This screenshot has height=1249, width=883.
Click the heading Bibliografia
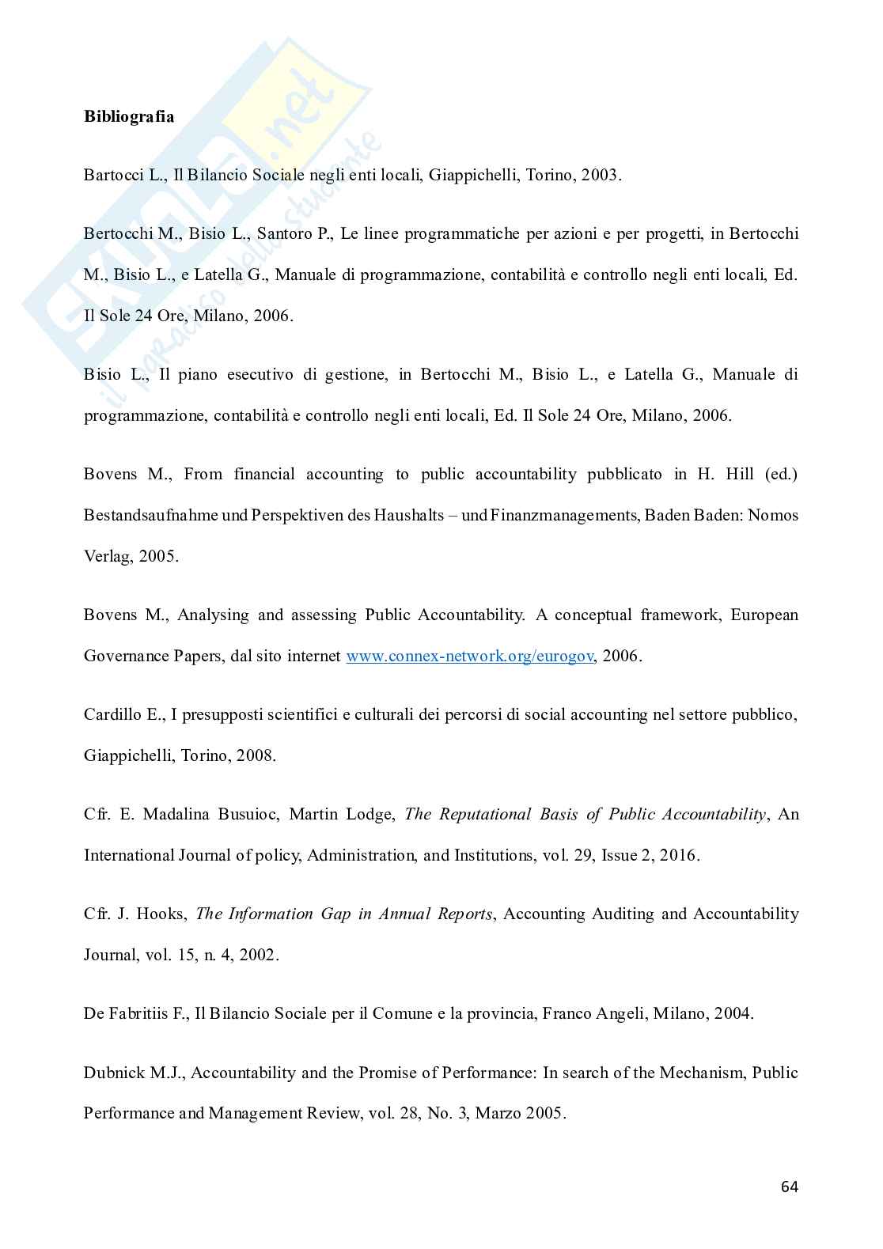coord(129,116)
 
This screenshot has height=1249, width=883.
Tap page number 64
coord(789,1187)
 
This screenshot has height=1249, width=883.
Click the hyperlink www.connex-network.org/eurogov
coord(469,656)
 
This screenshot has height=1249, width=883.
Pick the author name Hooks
coord(161,914)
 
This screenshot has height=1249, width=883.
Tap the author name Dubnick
coord(112,1073)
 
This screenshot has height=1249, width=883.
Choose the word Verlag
coord(108,556)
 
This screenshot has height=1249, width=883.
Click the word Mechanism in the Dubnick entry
coord(702,1073)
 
